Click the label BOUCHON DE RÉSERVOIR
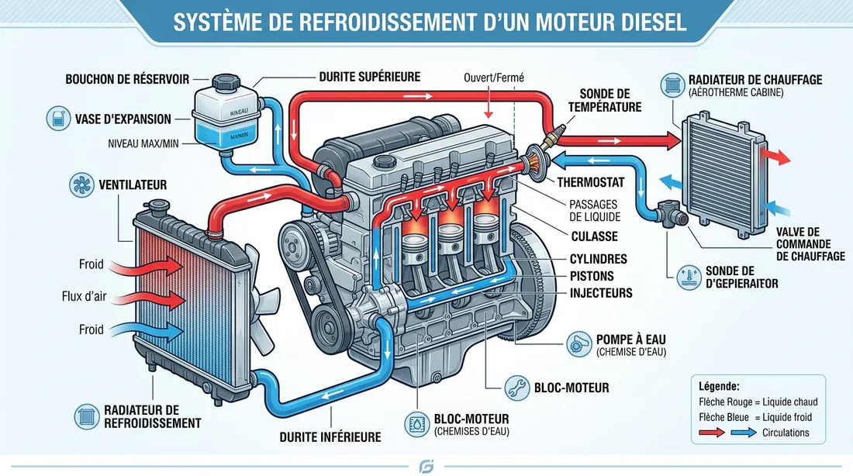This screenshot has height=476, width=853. coord(126,78)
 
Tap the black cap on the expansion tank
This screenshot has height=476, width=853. coord(226,81)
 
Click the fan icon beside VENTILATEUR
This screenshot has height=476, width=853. coord(79,185)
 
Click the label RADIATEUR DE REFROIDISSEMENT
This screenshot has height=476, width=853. coord(151,416)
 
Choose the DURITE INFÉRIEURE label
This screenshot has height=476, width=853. coord(330,437)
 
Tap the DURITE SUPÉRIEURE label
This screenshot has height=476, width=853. coord(370,77)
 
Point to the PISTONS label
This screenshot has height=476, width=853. coord(592,275)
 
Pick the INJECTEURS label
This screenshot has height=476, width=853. coord(601,293)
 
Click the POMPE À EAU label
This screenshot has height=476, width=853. coord(630,339)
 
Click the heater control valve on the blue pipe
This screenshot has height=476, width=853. coord(665,213)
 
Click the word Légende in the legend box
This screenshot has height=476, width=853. coord(719,385)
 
